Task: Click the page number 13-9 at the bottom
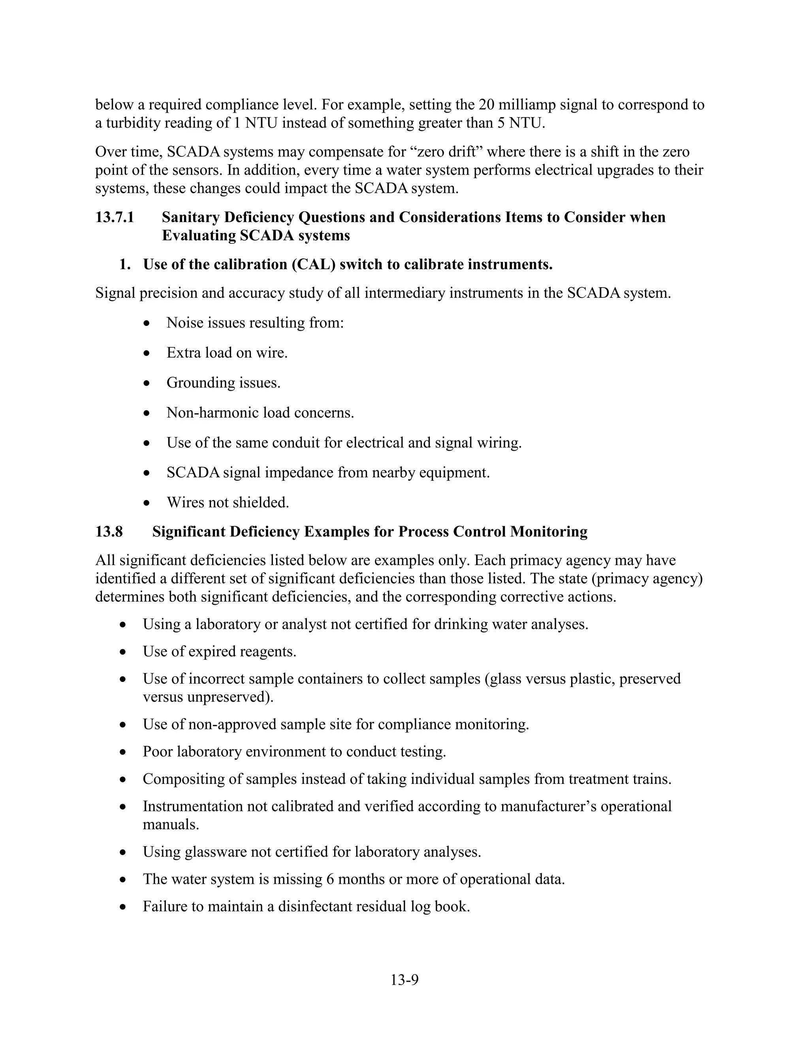tap(404, 980)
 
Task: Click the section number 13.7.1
tap(115, 217)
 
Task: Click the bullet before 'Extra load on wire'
tap(147, 354)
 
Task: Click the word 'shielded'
tap(265, 503)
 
